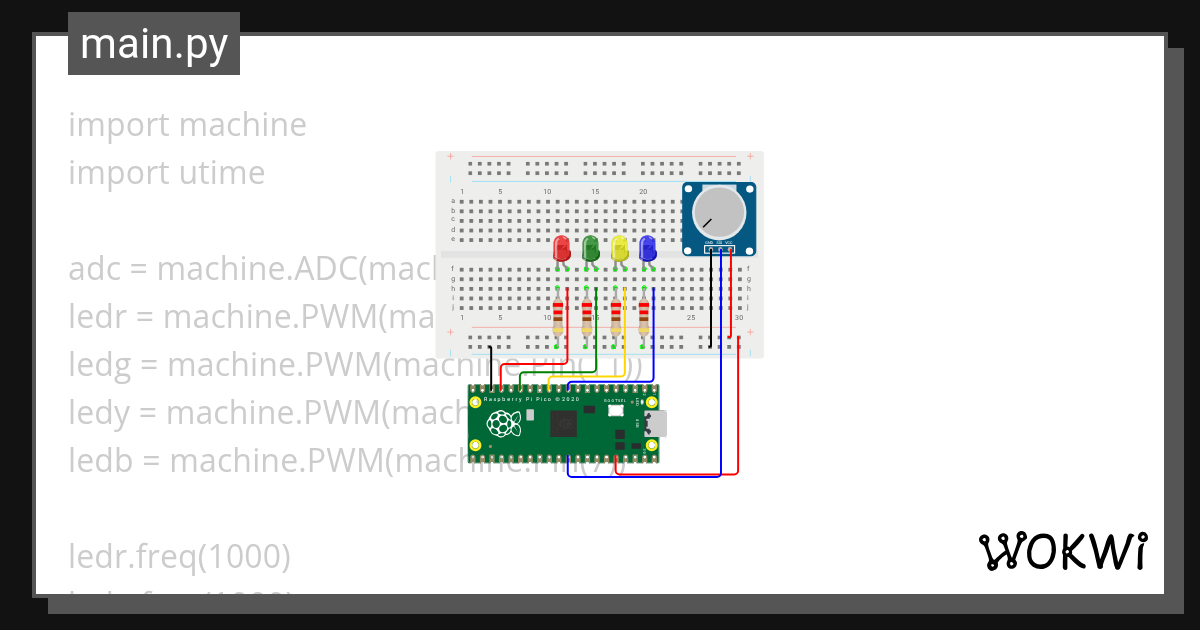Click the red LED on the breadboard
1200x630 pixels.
pos(562,248)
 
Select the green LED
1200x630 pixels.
pos(590,248)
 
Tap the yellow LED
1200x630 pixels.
pos(619,248)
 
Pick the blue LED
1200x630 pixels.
pos(647,248)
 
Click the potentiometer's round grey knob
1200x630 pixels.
pos(719,212)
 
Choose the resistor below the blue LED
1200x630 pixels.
pos(644,318)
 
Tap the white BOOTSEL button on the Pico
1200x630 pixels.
pos(615,410)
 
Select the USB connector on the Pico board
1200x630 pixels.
pos(656,424)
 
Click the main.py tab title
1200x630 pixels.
pos(154,44)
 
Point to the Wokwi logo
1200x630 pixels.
pos(1062,551)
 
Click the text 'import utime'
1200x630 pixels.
pos(167,173)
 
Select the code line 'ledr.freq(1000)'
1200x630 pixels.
pos(180,556)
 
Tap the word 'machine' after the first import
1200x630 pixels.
pos(242,125)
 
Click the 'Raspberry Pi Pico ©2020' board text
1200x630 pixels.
pos(532,399)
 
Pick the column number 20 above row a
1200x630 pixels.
pos(643,191)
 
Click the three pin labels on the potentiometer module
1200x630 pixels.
pos(719,243)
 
